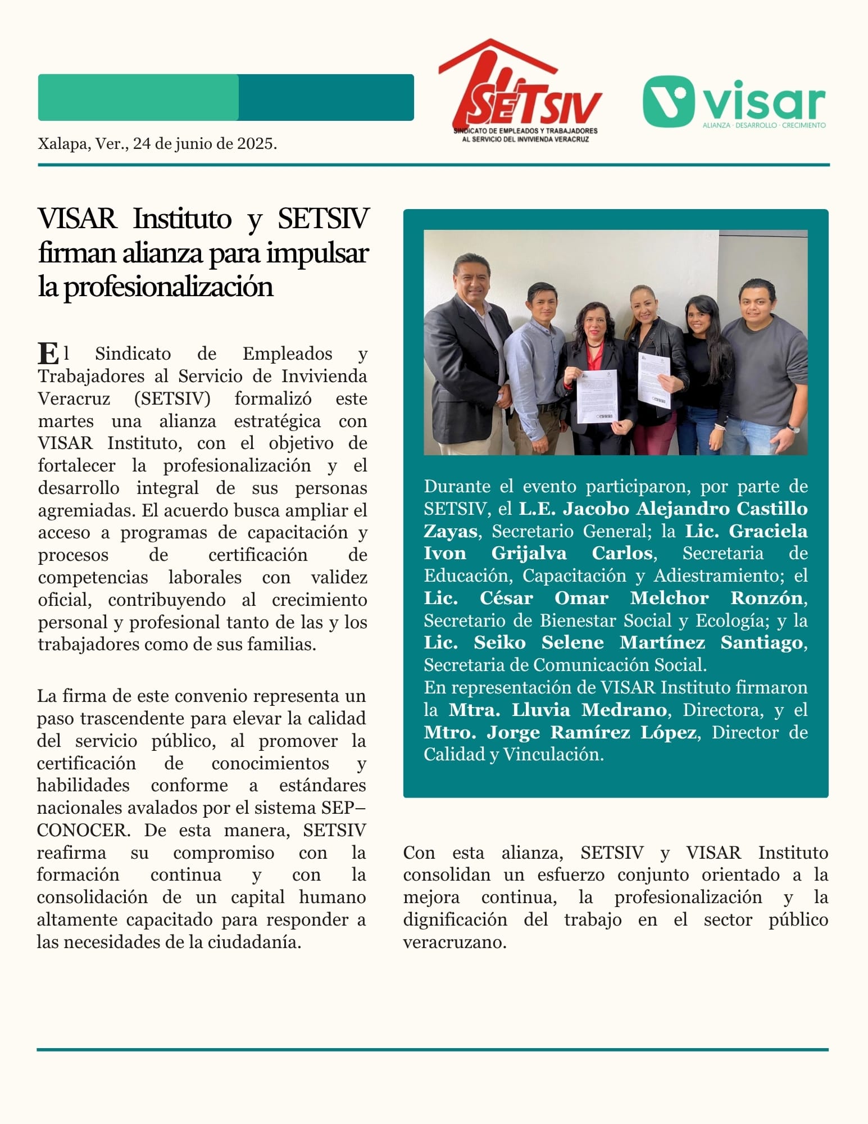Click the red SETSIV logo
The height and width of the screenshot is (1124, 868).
click(x=520, y=90)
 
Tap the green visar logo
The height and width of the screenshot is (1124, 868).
click(x=733, y=101)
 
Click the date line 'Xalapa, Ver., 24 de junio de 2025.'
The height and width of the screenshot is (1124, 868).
click(x=157, y=144)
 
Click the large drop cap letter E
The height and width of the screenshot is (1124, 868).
click(x=48, y=353)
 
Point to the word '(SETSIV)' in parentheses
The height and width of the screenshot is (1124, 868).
click(x=172, y=398)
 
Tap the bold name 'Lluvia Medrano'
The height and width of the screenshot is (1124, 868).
click(x=588, y=710)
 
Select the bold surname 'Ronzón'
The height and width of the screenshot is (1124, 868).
click(x=766, y=598)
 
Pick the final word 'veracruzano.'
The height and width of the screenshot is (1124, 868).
click(x=455, y=942)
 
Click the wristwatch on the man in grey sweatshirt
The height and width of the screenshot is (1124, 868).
click(x=793, y=428)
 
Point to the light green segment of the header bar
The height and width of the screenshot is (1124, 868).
click(x=138, y=97)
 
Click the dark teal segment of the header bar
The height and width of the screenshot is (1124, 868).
click(x=326, y=97)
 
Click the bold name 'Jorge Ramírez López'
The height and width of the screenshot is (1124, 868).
click(x=591, y=732)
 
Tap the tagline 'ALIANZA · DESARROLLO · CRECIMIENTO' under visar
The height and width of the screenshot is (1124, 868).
click(x=764, y=125)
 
